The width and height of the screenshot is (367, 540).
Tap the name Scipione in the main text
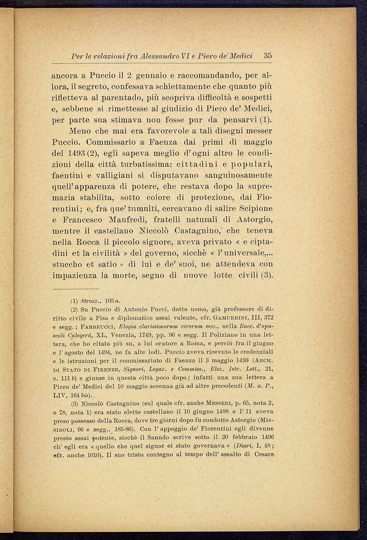[x=253, y=209]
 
